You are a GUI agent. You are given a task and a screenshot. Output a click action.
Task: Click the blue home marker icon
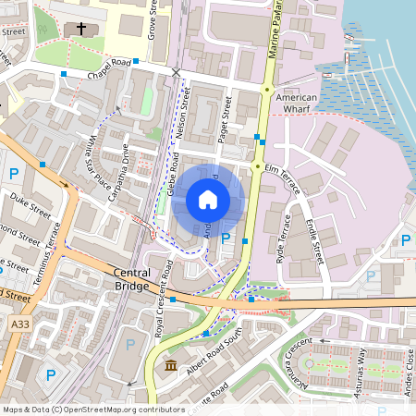pyautogui.click(x=208, y=200)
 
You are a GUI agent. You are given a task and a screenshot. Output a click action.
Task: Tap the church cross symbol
pyautogui.click(x=80, y=30)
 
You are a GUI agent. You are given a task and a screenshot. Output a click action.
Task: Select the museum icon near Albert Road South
pyautogui.click(x=172, y=368)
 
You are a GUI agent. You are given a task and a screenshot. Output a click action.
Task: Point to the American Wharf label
pyautogui.click(x=297, y=103)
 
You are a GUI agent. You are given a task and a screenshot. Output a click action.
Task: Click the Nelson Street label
pyautogui.click(x=183, y=111)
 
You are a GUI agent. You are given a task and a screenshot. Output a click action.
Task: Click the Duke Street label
pyautogui.click(x=28, y=202)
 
